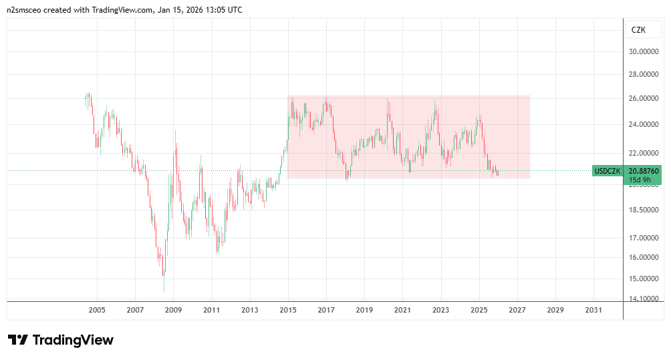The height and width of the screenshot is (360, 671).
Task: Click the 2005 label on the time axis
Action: (x=97, y=310)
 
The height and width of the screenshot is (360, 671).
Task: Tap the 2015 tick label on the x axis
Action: (x=288, y=310)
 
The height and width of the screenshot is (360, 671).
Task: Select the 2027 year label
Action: (x=517, y=310)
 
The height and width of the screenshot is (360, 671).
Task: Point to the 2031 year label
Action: (x=593, y=310)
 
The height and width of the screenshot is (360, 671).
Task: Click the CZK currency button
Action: (x=639, y=30)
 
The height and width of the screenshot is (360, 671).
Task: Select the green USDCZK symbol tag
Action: (x=608, y=171)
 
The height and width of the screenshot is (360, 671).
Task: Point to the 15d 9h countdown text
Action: (x=636, y=180)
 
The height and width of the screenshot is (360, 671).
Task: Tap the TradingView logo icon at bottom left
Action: (x=17, y=340)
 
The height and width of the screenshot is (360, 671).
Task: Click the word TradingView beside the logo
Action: (x=73, y=340)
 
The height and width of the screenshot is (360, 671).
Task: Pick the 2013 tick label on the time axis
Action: (x=250, y=310)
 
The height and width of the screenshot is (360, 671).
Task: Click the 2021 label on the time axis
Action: (x=402, y=310)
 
